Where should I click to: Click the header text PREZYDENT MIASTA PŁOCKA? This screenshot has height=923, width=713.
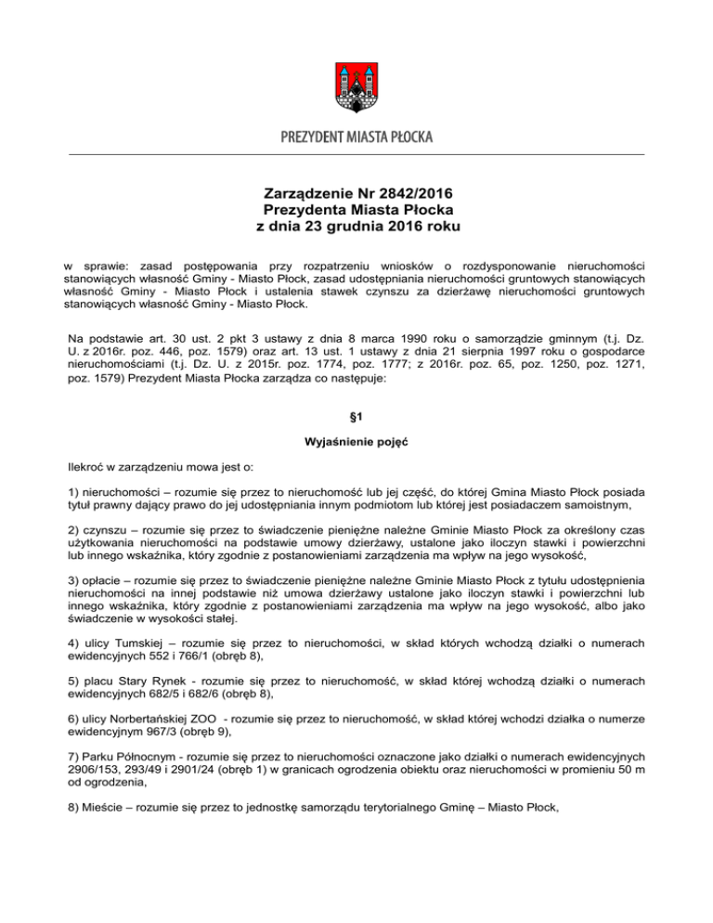point(356,137)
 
